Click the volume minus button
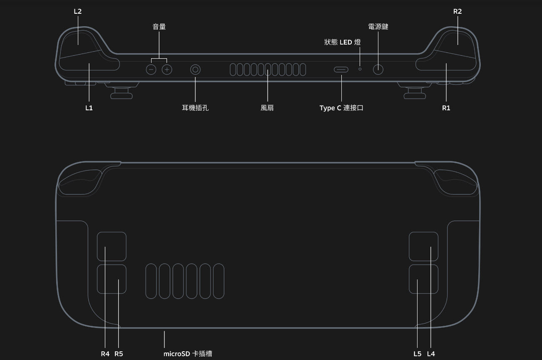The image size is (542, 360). [x=151, y=70]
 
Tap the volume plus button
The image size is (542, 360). [x=167, y=70]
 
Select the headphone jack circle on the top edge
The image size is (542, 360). [x=195, y=70]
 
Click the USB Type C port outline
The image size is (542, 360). [x=341, y=69]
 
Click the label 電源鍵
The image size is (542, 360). [x=378, y=27]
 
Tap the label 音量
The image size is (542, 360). [x=159, y=27]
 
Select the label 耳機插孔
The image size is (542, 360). [x=195, y=108]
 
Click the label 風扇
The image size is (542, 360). [x=267, y=108]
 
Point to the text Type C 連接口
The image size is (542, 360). [x=341, y=108]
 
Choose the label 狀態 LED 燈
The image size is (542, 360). [x=343, y=42]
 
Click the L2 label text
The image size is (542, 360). [x=77, y=12]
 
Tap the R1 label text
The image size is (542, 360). [x=446, y=108]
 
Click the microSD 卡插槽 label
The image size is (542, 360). [x=188, y=354]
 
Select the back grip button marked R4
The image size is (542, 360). [x=112, y=246]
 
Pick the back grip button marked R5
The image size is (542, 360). [x=112, y=279]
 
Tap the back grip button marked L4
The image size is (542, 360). [x=423, y=246]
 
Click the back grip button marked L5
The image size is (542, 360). [x=423, y=279]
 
